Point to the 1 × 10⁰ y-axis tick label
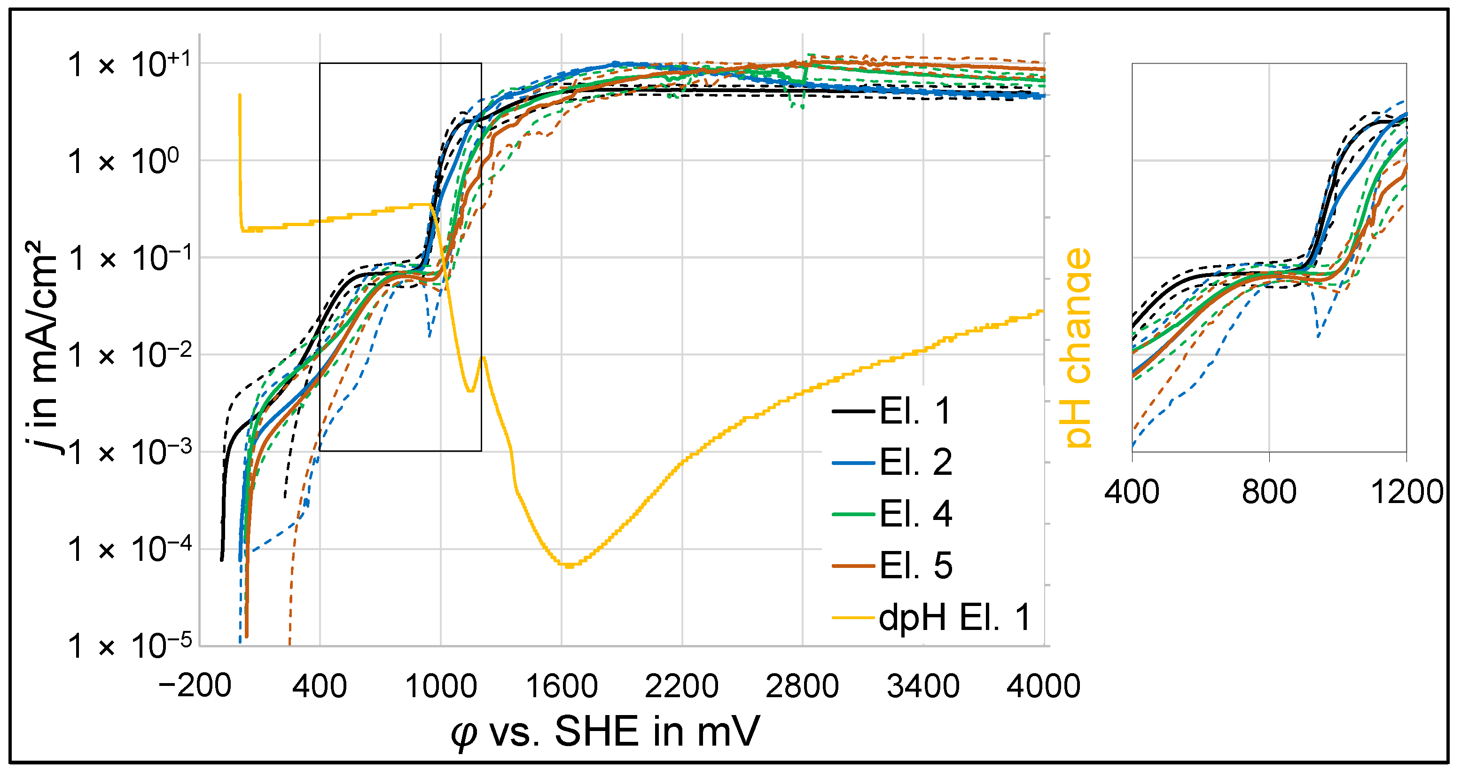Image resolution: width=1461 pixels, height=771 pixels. point(124,161)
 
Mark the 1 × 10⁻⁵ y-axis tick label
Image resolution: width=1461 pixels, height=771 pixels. point(130,645)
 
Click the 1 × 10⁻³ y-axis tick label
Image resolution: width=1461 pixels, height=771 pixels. point(130,452)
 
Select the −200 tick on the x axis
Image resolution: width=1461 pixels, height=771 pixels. point(195,686)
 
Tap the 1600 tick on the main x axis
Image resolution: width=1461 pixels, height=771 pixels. point(562,686)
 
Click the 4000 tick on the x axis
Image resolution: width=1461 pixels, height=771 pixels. point(1044,686)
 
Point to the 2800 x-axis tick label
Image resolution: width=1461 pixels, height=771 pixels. point(802,686)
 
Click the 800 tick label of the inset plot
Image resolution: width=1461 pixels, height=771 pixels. point(1269,492)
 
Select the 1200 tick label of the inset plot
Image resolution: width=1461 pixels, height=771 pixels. point(1406,492)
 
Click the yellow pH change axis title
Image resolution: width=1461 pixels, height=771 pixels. point(1078,347)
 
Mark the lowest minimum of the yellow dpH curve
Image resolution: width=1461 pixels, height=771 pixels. point(569,565)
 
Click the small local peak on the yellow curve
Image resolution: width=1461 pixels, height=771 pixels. point(483,357)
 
